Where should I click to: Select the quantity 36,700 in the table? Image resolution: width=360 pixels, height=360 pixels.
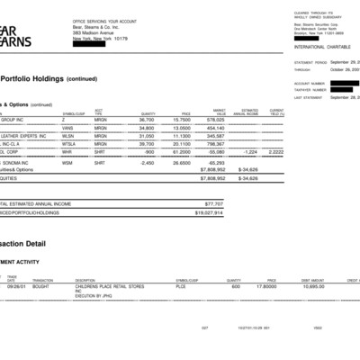pyautogui.click(x=147, y=120)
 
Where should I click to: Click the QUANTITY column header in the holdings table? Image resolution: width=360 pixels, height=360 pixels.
pyautogui.click(x=148, y=112)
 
